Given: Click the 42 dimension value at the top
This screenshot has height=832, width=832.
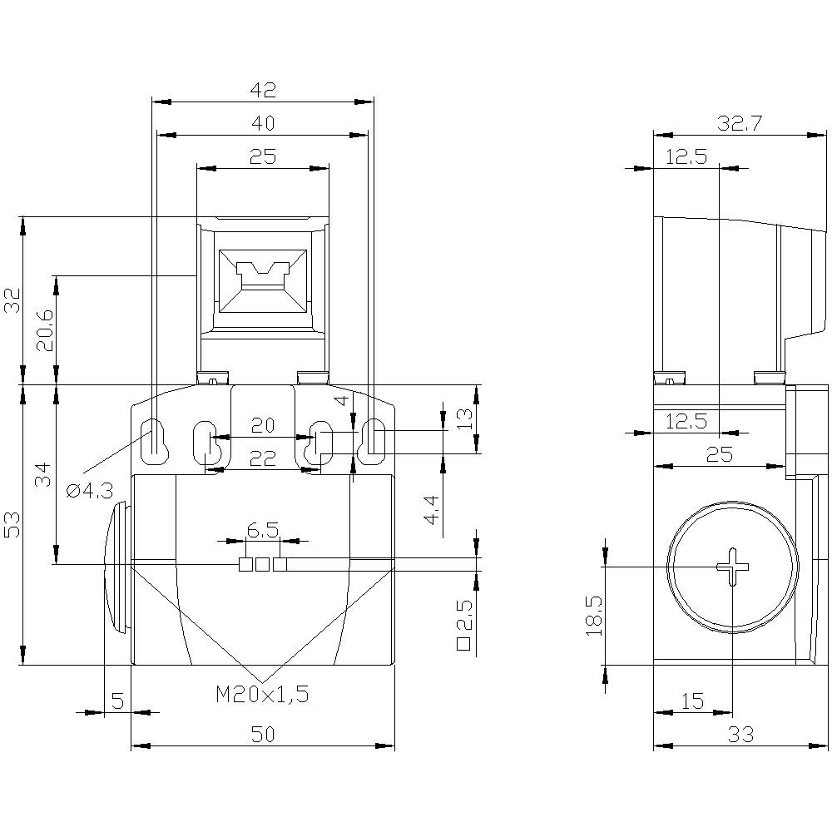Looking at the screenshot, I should pos(263,90).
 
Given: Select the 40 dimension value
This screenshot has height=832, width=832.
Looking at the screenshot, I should pos(263,123).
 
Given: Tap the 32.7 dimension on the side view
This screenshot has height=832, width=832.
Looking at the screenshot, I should pos(740,123).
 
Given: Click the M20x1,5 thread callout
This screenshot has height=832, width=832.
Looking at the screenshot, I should pos(263,695).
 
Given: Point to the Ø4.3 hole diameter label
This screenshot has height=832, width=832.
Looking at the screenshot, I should pos(89,491).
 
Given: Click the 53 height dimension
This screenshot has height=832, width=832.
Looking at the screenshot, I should pos(12,524).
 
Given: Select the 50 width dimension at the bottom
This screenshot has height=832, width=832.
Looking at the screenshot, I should pos(263,735).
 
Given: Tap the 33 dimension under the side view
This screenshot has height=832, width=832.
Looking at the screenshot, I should pos(740,735).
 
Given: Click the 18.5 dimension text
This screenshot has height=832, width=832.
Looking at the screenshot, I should pos(593,616).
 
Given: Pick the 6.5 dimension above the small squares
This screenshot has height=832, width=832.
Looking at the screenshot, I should pos(263,529).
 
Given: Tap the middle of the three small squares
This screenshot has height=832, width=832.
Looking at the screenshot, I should pos(262,565).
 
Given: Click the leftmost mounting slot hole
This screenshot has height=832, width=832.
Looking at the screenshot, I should pos(156,438).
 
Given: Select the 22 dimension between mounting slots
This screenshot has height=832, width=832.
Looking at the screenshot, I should pos(263,458).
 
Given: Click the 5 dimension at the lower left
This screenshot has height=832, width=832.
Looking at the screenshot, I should pos(117,701).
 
